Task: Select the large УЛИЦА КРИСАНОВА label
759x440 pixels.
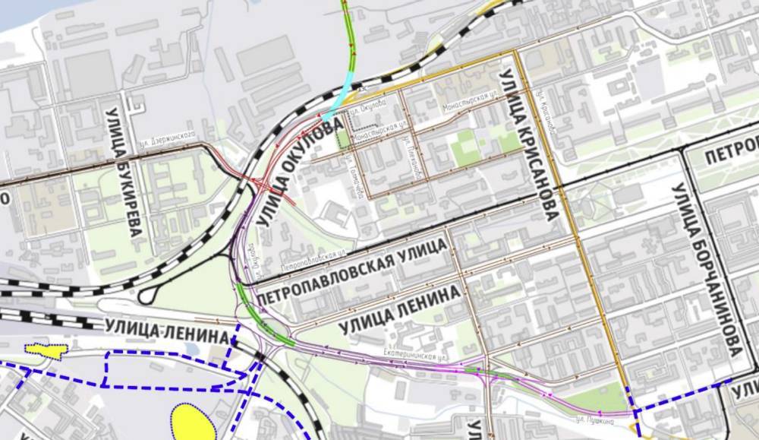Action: click(528, 144)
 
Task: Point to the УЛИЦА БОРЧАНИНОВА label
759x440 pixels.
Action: click(705, 270)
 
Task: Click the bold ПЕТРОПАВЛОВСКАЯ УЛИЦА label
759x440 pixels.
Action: click(352, 271)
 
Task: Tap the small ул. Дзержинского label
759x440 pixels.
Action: click(168, 144)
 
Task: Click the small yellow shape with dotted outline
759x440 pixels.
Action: click(46, 349)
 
